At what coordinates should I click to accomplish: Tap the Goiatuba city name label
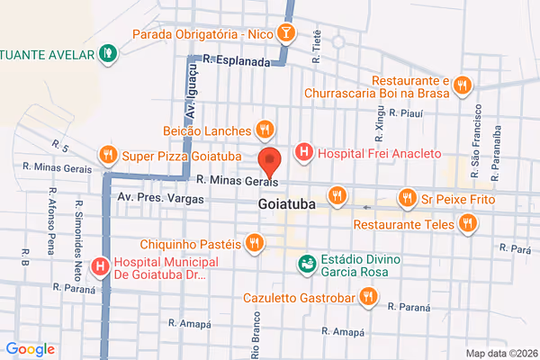click(x=286, y=204)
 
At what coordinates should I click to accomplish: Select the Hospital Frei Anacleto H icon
click(x=304, y=153)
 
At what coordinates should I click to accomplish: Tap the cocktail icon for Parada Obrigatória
click(x=285, y=34)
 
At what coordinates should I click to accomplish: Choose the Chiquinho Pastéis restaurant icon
click(x=255, y=243)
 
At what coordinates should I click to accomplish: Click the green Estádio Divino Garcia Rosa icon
click(x=308, y=265)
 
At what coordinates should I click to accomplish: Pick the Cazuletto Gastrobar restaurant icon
click(x=367, y=296)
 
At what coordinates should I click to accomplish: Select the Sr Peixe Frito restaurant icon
click(x=408, y=197)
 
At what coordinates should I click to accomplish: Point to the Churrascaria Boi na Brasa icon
click(x=462, y=85)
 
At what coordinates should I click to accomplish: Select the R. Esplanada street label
click(x=237, y=61)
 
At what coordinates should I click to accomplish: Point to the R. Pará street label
click(x=516, y=245)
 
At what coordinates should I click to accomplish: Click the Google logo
click(x=30, y=349)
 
